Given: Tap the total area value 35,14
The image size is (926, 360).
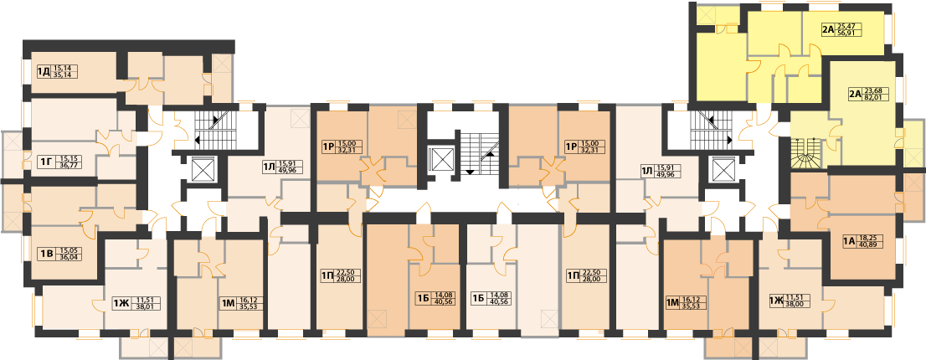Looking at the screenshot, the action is pos(61,75).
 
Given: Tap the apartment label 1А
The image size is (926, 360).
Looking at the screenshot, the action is pos(849,240).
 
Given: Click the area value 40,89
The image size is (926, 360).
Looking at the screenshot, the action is pos(867,244).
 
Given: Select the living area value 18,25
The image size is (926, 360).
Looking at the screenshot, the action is pos(867,237).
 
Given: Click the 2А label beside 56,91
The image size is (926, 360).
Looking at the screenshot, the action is pos(827,29).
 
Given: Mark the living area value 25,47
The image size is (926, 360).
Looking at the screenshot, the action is pos(846,27).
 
